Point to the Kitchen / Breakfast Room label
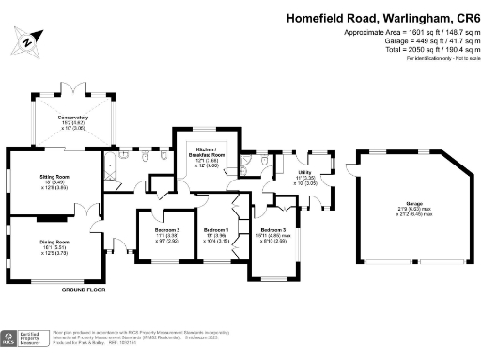(x=205, y=155)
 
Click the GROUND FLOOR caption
(x=83, y=290)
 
